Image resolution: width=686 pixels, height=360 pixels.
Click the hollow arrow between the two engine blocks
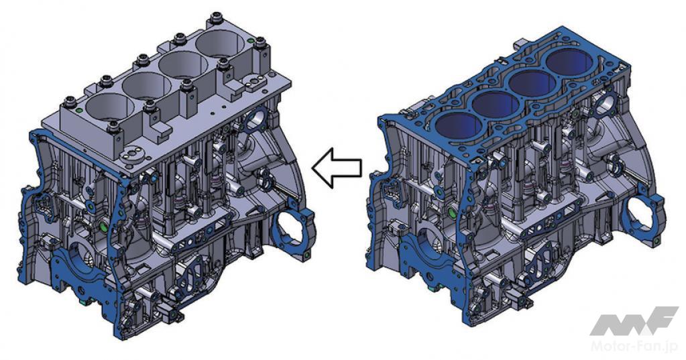click(x=337, y=167)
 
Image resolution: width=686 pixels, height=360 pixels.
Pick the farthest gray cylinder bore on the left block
click(x=221, y=47)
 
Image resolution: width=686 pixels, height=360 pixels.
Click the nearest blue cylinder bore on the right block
click(x=458, y=125)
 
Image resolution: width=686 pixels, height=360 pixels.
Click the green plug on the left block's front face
click(x=104, y=227)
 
